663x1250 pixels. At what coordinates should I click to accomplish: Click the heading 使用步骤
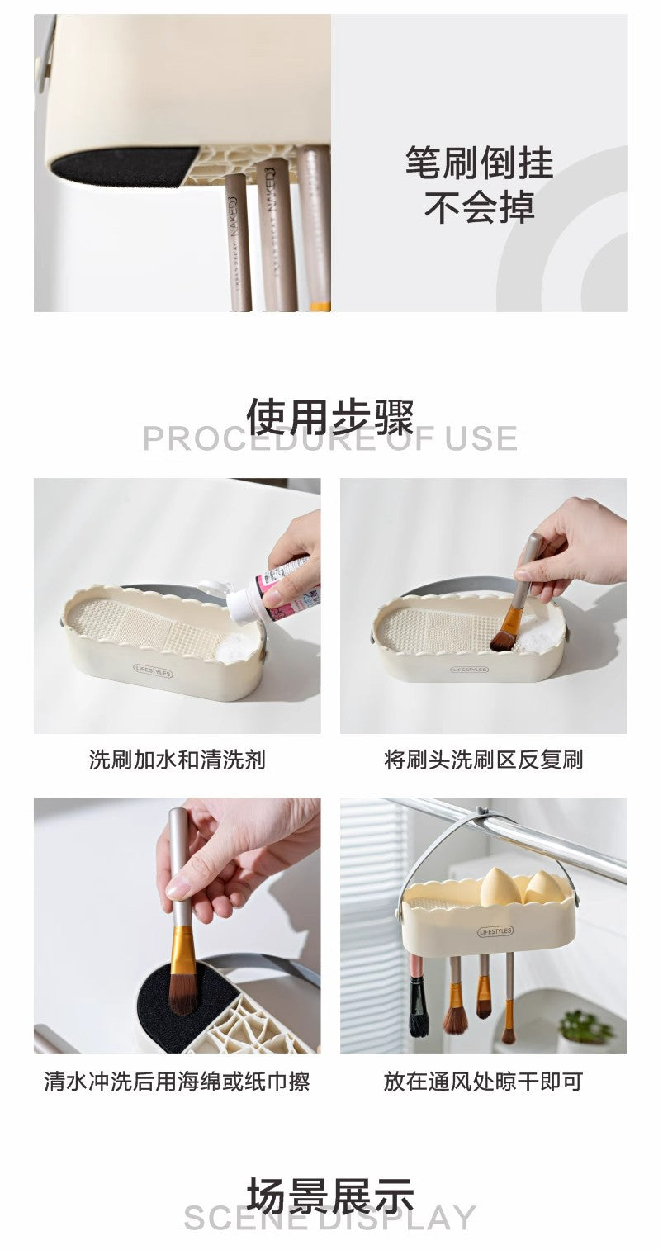pos(330,415)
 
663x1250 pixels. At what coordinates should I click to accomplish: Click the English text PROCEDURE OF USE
pos(330,439)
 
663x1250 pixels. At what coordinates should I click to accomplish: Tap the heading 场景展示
pos(330,1196)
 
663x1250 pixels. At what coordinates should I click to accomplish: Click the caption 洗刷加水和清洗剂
pos(177,760)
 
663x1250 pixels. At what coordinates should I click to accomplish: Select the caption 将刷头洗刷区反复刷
pos(483,760)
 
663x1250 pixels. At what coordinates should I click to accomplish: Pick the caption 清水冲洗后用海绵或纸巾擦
pos(177,1081)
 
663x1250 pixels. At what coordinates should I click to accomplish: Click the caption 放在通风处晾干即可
pos(483,1081)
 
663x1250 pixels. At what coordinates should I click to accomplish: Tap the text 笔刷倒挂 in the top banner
pos(479,163)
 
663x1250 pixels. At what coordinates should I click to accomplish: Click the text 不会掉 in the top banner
pos(479,206)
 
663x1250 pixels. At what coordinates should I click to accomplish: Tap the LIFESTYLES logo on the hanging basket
pos(495,931)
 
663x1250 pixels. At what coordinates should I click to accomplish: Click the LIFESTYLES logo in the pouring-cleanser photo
pos(153,672)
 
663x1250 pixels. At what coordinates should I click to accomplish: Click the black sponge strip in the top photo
pos(124,167)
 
